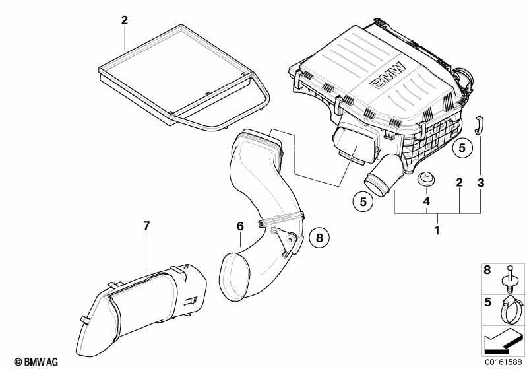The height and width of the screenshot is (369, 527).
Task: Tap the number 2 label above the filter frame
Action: [x=124, y=20]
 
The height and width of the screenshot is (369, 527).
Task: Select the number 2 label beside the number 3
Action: [x=458, y=182]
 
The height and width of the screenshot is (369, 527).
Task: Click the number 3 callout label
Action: [x=480, y=182]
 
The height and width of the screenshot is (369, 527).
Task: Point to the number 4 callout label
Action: [x=427, y=200]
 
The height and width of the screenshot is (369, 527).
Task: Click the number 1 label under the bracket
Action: [x=435, y=231]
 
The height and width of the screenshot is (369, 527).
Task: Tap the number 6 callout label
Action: [x=240, y=226]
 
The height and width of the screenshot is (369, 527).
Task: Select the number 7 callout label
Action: [x=146, y=226]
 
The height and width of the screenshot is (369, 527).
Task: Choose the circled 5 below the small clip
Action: [x=462, y=148]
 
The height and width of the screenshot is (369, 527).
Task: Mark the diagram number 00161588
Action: [x=505, y=360]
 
